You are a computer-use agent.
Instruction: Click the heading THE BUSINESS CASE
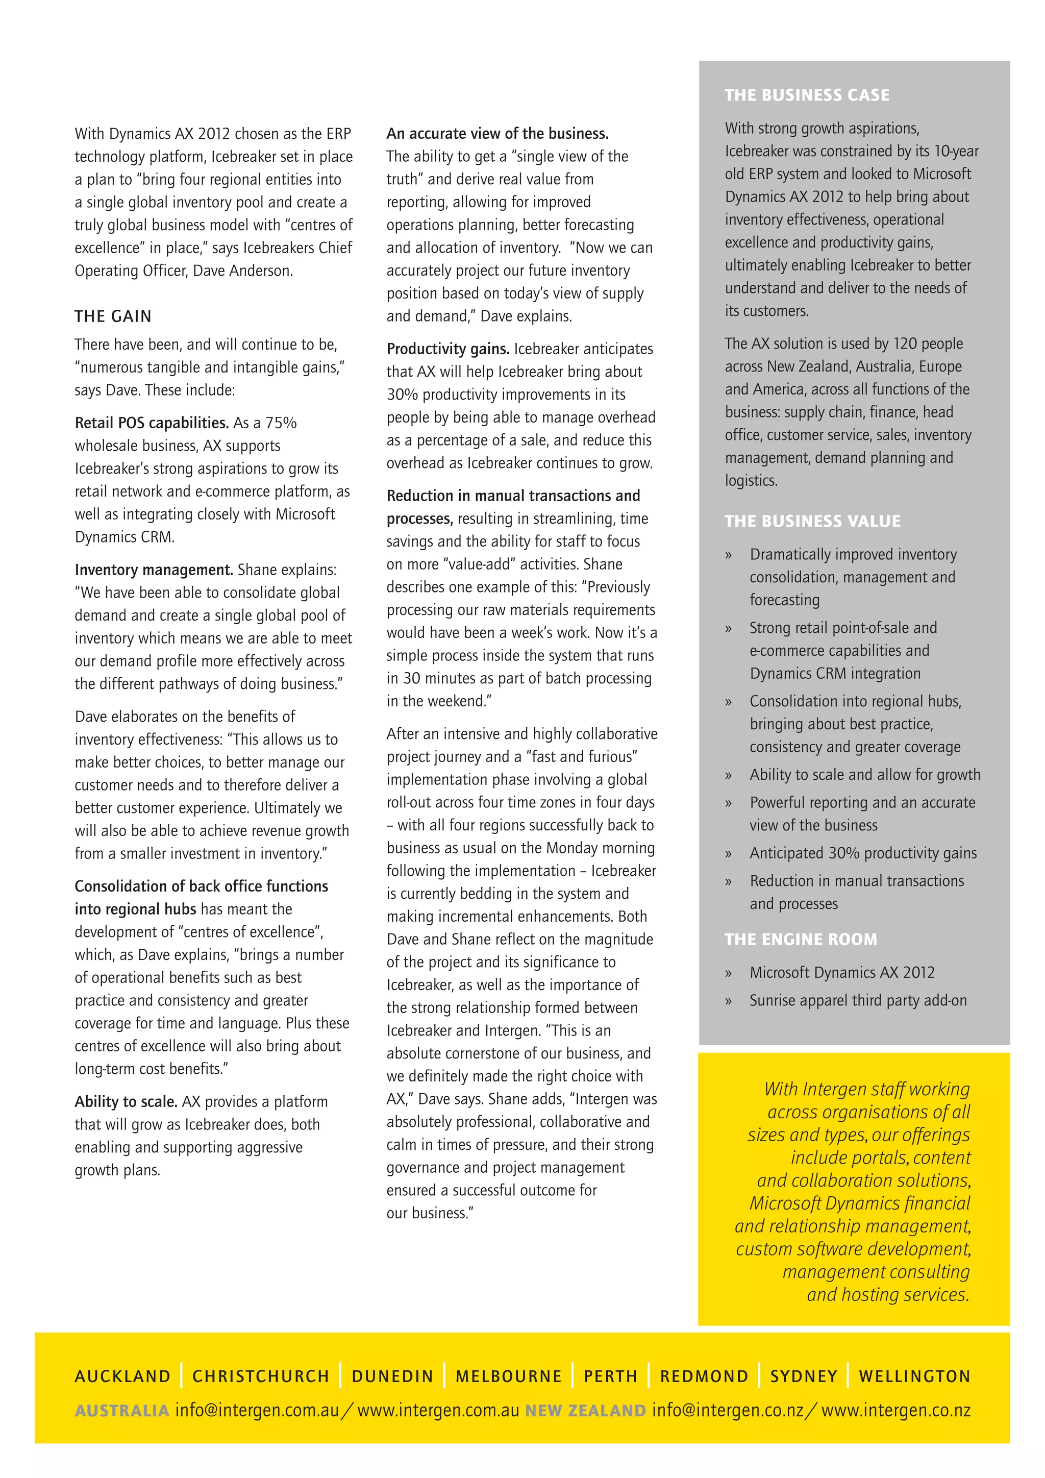pyautogui.click(x=806, y=95)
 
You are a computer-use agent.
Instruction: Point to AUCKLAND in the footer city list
pyautogui.click(x=122, y=1376)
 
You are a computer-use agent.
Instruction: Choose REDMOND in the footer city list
pyautogui.click(x=704, y=1376)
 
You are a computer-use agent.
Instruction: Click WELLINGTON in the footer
pyautogui.click(x=914, y=1376)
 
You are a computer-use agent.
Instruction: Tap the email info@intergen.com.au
pyautogui.click(x=257, y=1411)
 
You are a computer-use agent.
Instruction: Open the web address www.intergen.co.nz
pyautogui.click(x=895, y=1411)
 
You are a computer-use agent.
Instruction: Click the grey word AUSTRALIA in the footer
pyautogui.click(x=121, y=1411)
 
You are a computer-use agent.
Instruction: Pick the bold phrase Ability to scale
pyautogui.click(x=126, y=1101)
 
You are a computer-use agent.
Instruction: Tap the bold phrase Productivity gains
pyautogui.click(x=448, y=349)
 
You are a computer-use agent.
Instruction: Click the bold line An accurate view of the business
pyautogui.click(x=497, y=133)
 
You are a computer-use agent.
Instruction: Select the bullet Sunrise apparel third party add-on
pyautogui.click(x=858, y=1000)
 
